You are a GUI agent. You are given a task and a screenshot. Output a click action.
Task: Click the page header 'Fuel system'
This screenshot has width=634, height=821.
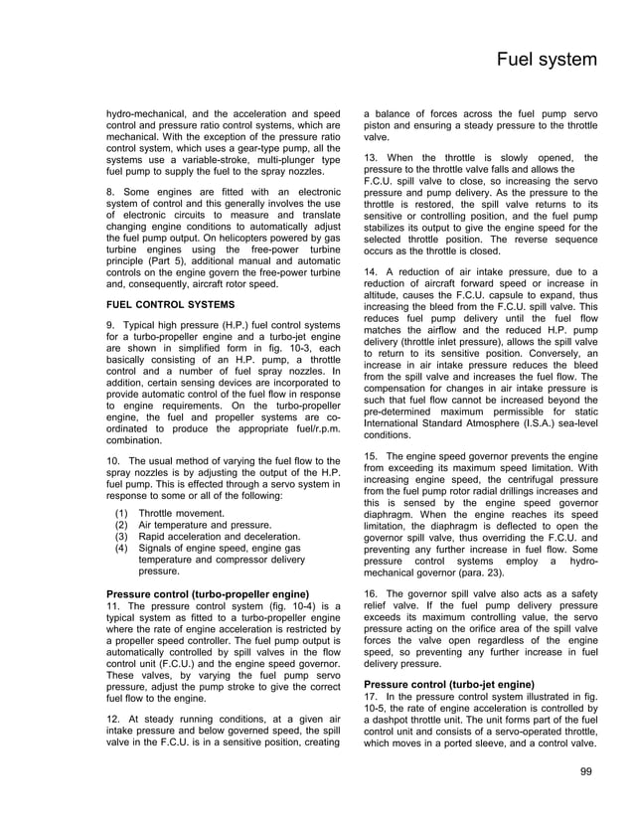click(x=547, y=61)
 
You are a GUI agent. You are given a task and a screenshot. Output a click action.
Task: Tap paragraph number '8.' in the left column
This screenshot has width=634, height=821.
click(x=112, y=192)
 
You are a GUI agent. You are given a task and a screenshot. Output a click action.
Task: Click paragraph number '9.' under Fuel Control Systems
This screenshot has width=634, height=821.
click(x=112, y=327)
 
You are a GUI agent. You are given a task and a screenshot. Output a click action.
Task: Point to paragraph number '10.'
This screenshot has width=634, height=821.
click(x=115, y=462)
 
